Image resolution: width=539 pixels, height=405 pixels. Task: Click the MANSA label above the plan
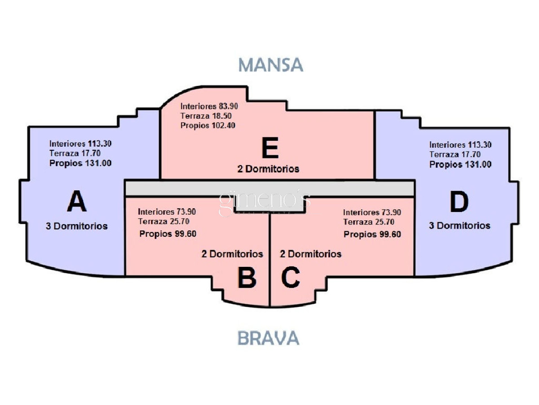pos(270,65)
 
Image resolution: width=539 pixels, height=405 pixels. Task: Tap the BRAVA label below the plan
pos(269,338)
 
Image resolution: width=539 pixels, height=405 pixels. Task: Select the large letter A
pos(77,202)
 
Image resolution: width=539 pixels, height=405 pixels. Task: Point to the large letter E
pos(270,148)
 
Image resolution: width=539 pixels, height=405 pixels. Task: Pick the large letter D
pos(459,202)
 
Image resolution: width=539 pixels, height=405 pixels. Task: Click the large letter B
pos(247,278)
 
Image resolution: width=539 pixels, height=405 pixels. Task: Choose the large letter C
pos(291,277)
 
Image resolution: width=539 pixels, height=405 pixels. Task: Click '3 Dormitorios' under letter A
pos(77,226)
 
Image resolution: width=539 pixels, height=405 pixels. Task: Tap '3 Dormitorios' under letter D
pos(459,225)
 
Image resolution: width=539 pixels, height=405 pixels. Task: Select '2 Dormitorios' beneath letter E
pos(268,169)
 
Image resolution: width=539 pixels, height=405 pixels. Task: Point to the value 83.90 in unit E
pos(228,106)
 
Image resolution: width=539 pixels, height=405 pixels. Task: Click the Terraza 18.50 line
pos(206,116)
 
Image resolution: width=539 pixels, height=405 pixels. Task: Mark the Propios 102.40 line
pos(208,126)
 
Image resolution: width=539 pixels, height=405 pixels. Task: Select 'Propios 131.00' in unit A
pos(80,163)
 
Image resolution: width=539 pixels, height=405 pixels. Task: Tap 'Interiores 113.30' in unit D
pos(460,144)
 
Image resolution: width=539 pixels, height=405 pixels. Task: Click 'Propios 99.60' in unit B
pos(168,234)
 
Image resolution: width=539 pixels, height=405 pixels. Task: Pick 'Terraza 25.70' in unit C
pos(369,222)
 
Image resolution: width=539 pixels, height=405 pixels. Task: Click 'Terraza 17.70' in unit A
pos(75,153)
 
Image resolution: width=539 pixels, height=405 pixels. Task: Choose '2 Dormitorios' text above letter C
pos(311,254)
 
